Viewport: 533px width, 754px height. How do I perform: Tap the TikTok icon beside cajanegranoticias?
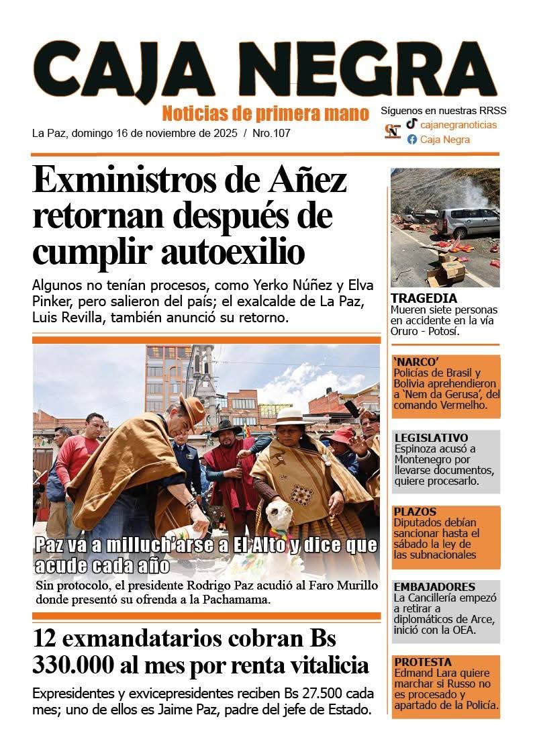[411, 124]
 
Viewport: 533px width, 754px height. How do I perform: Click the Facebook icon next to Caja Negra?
[411, 140]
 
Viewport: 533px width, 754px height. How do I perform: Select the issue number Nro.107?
[271, 133]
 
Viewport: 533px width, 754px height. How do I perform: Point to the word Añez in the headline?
[308, 180]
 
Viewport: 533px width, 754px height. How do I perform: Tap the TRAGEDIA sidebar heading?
[424, 298]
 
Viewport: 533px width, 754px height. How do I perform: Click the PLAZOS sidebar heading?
[415, 512]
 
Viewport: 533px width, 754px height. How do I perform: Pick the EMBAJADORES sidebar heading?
[434, 586]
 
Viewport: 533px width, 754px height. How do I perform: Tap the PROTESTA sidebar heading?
[423, 662]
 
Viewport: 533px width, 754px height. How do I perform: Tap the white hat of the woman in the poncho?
[289, 416]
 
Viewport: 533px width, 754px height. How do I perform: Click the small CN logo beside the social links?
[393, 132]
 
